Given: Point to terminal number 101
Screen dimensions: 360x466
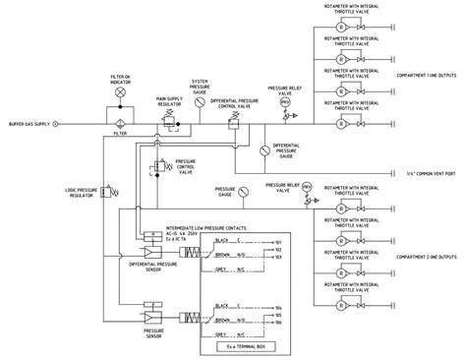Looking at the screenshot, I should click(278, 242).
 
